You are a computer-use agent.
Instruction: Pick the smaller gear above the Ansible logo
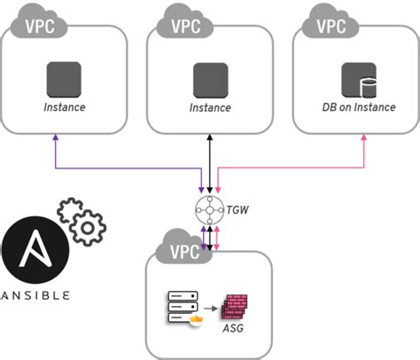pyautogui.click(x=66, y=210)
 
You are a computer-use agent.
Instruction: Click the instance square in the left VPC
pyautogui.click(x=65, y=80)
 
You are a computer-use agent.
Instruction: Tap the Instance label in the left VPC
pyautogui.click(x=65, y=107)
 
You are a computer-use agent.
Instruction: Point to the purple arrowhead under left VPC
pyautogui.click(x=56, y=138)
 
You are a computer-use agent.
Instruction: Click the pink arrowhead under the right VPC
pyautogui.click(x=365, y=138)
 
